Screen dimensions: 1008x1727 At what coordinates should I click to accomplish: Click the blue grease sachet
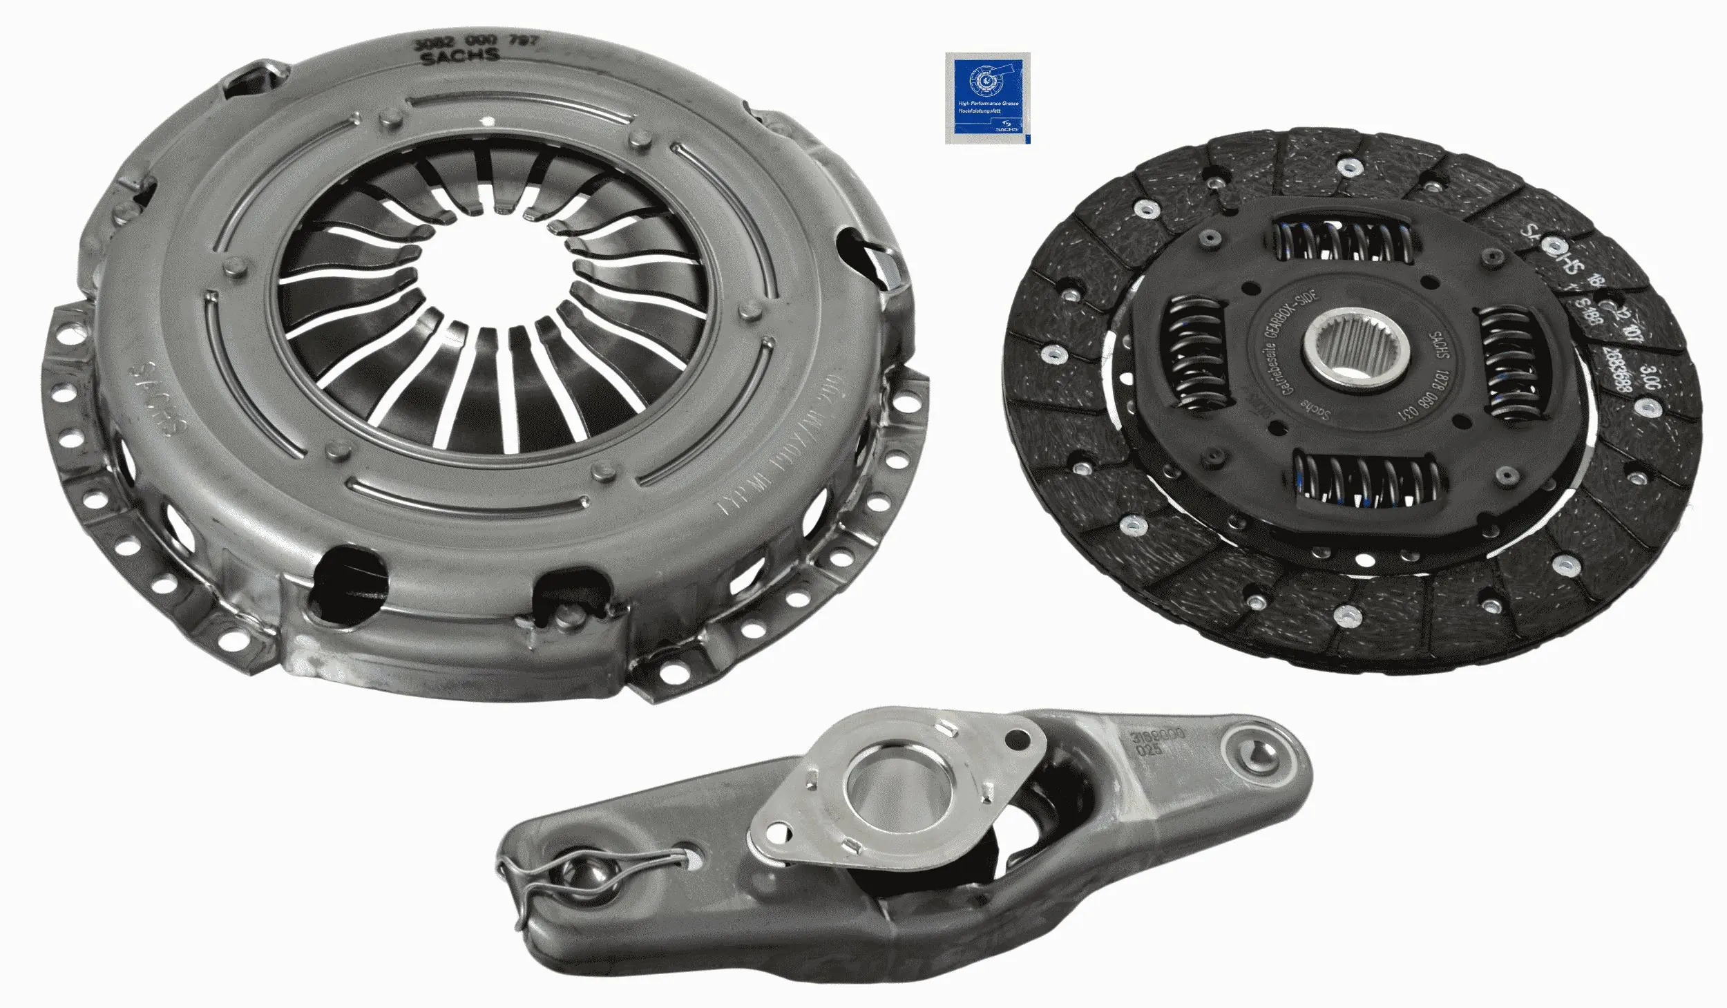pyautogui.click(x=987, y=98)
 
